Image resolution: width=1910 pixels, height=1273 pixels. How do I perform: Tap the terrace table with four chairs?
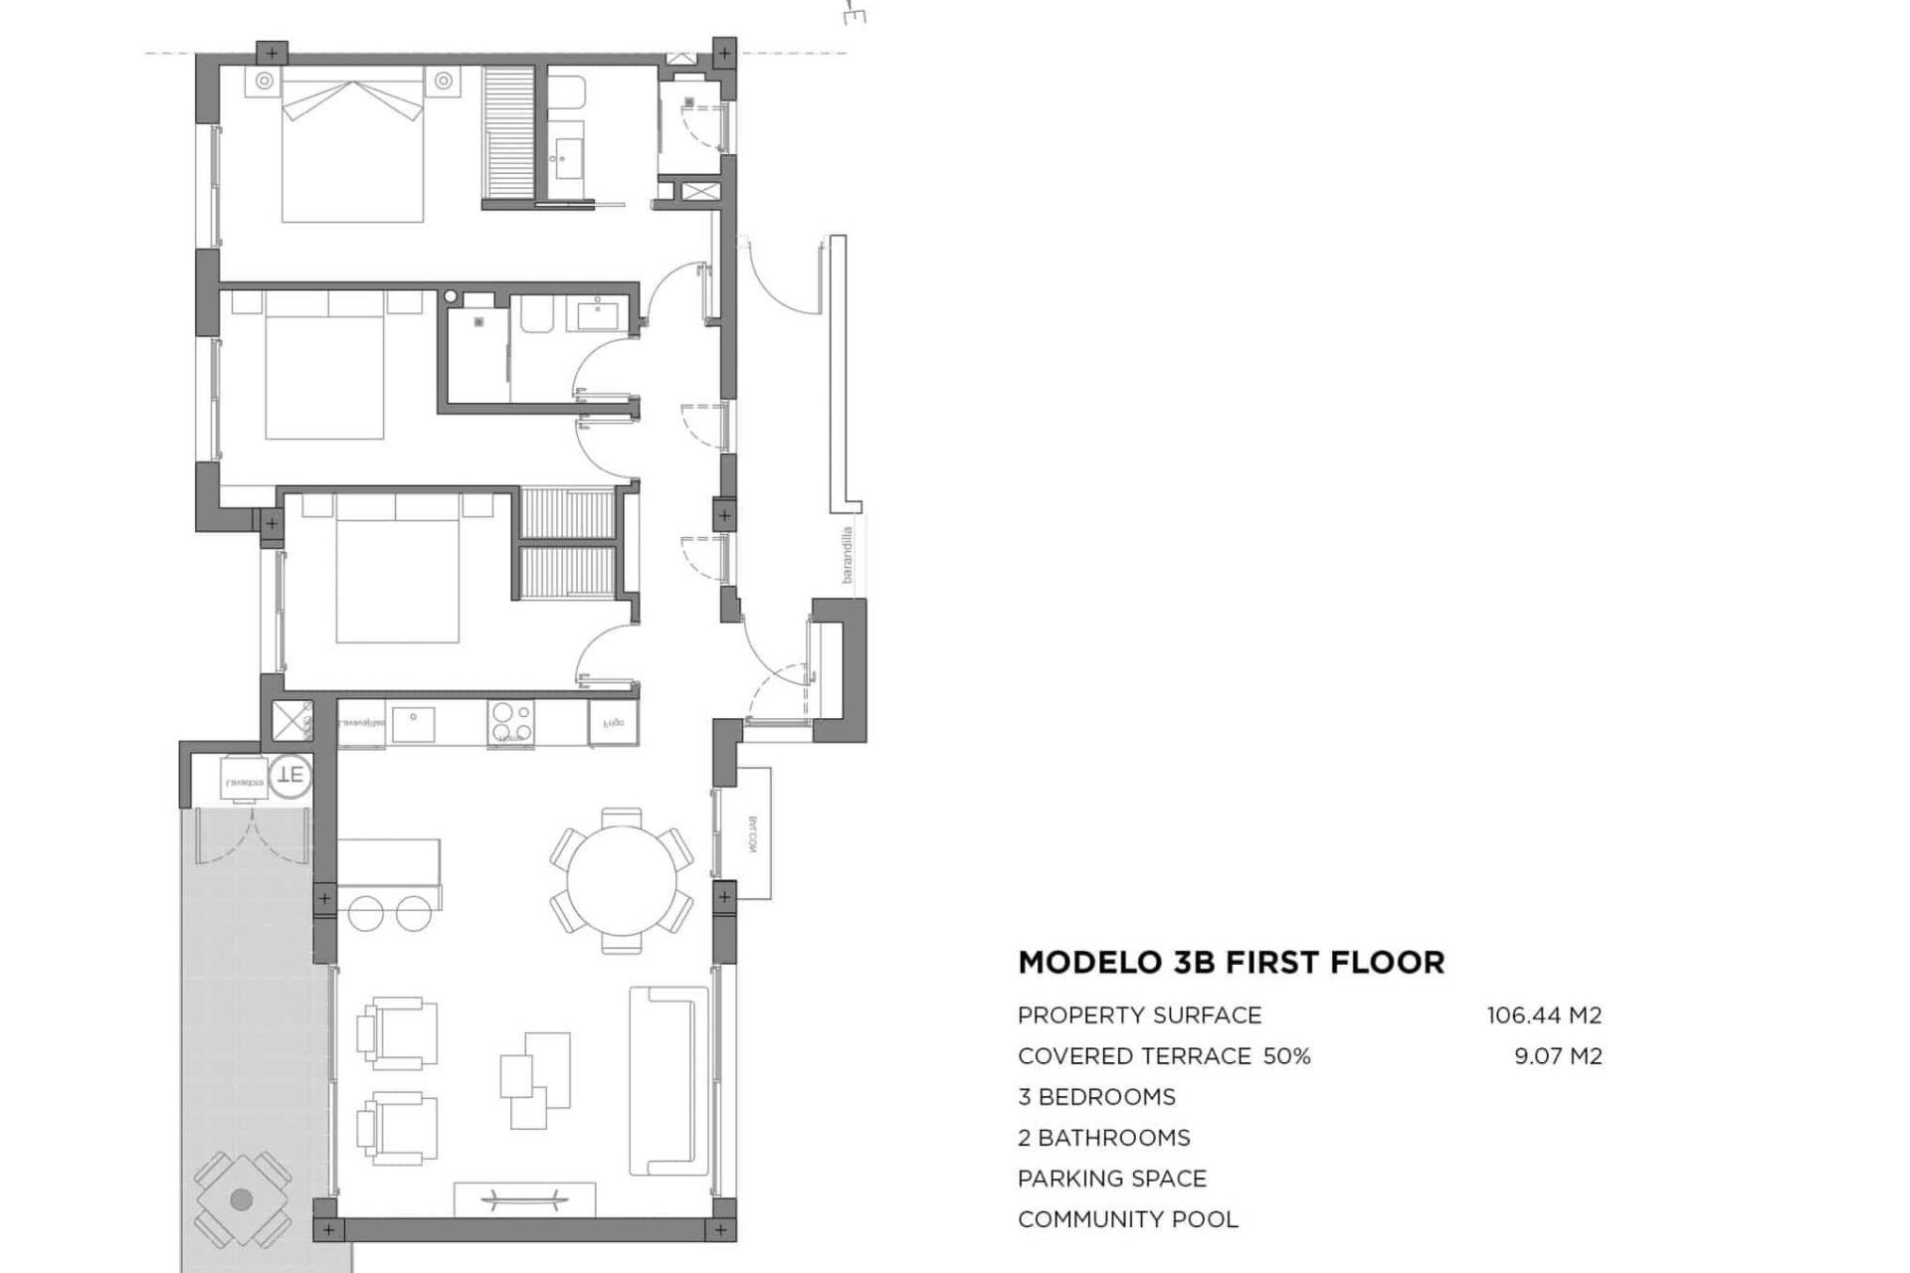pos(242,1199)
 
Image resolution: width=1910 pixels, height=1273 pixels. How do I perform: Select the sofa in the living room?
pos(668,1080)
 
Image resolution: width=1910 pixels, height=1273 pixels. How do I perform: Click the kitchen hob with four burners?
pos(510,724)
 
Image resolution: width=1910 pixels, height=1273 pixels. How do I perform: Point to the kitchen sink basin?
pos(413,724)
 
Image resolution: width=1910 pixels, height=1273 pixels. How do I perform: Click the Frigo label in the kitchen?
pos(612,723)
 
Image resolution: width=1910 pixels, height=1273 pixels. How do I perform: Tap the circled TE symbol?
pos(290,774)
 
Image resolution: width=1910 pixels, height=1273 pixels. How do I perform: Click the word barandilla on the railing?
pos(847,555)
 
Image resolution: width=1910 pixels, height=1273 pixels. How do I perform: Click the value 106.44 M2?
pos(1544,1015)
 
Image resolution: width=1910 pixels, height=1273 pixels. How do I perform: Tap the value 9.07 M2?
pos(1558,1056)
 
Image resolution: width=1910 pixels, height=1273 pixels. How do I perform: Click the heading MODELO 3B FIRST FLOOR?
pos(1231,963)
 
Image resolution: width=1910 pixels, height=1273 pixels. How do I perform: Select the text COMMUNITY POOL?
pos(1127,1219)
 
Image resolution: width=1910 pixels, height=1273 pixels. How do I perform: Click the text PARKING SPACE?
pos(1111,1179)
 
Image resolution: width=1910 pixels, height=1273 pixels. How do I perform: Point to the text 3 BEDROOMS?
pos(1096,1097)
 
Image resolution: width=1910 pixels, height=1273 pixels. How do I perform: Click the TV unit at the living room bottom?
pos(524,1198)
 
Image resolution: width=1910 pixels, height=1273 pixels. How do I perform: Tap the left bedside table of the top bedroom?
pos(264,81)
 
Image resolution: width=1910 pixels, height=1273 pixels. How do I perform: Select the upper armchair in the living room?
pos(398,1033)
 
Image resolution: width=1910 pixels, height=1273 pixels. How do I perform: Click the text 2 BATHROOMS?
pos(1103,1138)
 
